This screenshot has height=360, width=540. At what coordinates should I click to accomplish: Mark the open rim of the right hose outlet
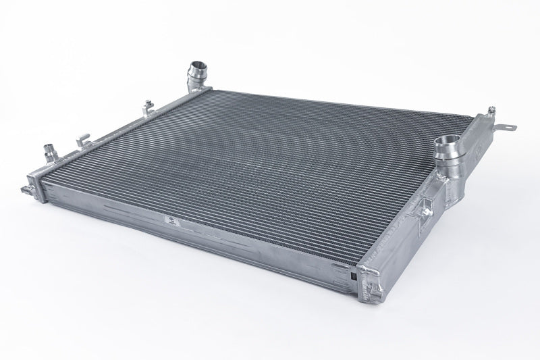tap(446, 141)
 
